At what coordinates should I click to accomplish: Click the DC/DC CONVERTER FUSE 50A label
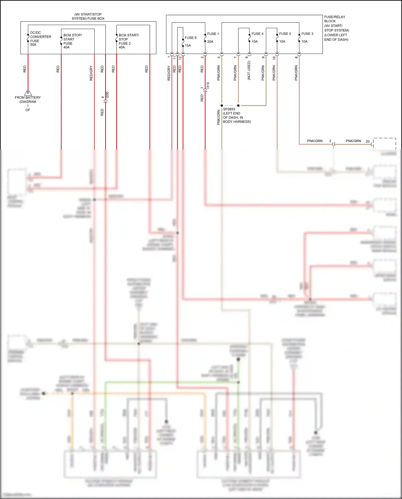tap(40, 39)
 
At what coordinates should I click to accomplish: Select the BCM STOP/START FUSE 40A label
tap(72, 41)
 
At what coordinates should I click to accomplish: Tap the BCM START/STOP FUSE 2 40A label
tap(129, 41)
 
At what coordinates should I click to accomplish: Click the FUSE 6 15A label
tap(190, 42)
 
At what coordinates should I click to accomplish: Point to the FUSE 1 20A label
tap(213, 38)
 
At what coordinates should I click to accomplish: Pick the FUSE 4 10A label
tap(257, 38)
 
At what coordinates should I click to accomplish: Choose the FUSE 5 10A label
tap(285, 38)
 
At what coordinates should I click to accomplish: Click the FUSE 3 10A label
tap(307, 38)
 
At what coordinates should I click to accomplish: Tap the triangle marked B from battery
tap(28, 93)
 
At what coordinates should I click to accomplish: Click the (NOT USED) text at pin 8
tap(249, 70)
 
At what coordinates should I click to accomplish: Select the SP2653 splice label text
tap(229, 109)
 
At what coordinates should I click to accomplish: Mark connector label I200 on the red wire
tap(107, 95)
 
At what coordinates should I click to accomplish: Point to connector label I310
tap(208, 85)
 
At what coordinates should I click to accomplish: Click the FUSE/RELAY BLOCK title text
tap(334, 19)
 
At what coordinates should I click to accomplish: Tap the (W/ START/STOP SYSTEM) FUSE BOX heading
tap(88, 16)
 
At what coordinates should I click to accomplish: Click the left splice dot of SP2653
tap(222, 105)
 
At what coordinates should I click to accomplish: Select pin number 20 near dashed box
tap(367, 141)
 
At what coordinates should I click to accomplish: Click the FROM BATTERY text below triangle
tap(28, 98)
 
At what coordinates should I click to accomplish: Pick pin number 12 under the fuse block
tap(180, 57)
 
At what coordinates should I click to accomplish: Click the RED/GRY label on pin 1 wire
tap(169, 73)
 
